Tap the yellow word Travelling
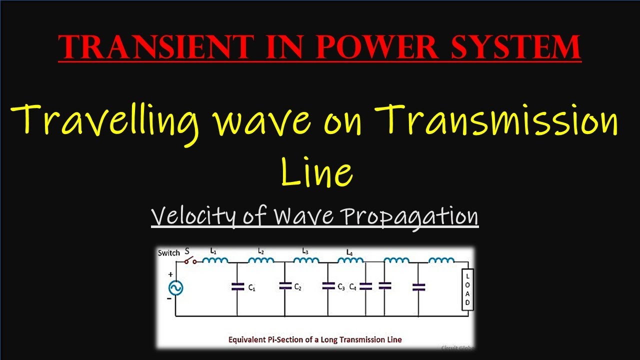(x=105, y=123)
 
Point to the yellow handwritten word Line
(x=316, y=172)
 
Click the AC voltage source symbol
(x=175, y=288)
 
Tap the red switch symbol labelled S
(x=190, y=261)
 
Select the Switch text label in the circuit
(x=169, y=253)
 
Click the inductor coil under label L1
(x=215, y=260)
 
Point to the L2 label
(x=260, y=251)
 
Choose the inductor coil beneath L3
(x=306, y=260)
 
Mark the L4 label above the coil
(x=349, y=252)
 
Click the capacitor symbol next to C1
(x=237, y=286)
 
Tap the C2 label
(x=297, y=287)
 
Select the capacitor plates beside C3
(x=328, y=285)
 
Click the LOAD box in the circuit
(x=467, y=289)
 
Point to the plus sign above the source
(x=170, y=274)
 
